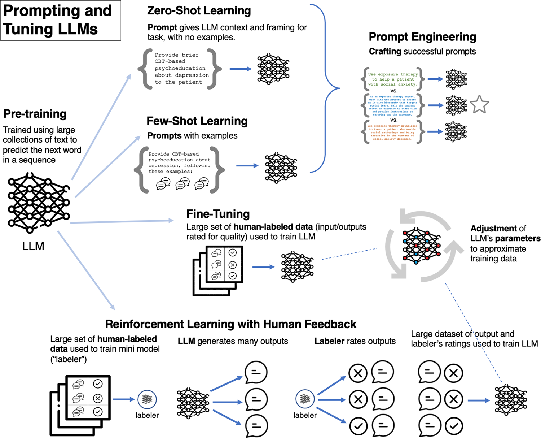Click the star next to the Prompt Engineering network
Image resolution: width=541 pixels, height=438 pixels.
[x=479, y=105]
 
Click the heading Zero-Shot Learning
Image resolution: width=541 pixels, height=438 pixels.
[x=199, y=11]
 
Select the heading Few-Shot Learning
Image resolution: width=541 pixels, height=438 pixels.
[x=197, y=121]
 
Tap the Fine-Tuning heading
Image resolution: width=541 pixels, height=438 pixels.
[x=218, y=214]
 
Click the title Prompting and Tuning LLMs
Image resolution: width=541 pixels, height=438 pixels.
[x=58, y=20]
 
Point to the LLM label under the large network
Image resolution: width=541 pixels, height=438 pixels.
[x=33, y=246]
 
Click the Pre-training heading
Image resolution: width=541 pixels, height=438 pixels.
[x=35, y=114]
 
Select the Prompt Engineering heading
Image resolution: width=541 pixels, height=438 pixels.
[x=422, y=37]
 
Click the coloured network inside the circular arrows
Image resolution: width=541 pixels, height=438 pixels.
[x=421, y=246]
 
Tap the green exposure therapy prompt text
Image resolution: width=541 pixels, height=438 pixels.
[x=393, y=79]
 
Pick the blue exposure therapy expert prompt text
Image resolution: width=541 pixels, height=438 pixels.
[x=393, y=105]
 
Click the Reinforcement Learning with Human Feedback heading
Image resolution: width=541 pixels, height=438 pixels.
[x=230, y=324]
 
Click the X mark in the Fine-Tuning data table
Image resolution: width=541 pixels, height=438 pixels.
[x=233, y=265]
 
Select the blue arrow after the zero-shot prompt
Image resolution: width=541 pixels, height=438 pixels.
[x=241, y=69]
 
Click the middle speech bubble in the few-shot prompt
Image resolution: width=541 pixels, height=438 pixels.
[x=182, y=184]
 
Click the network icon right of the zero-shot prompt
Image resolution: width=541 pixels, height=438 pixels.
[x=273, y=69]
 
